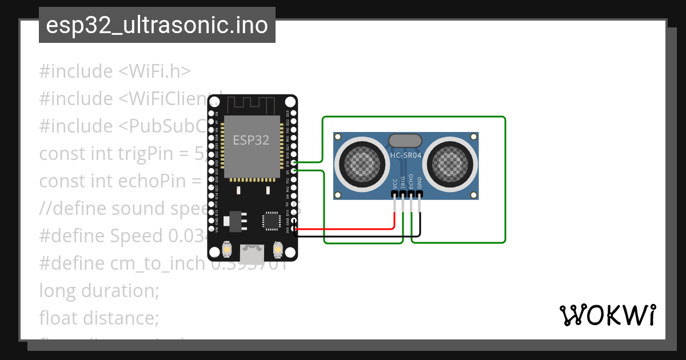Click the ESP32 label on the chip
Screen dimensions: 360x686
tap(251, 140)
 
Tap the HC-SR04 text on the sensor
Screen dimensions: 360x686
tap(405, 155)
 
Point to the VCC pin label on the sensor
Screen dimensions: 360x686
tap(395, 183)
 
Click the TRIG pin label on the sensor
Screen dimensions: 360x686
tap(403, 182)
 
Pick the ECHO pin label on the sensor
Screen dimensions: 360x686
tap(411, 182)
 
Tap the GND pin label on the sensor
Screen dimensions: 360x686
tap(419, 183)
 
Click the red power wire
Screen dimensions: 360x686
tap(343, 229)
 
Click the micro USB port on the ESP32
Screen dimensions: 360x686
tap(252, 251)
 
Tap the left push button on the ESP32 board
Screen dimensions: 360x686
tap(227, 250)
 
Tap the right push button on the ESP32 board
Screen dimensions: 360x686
tap(278, 250)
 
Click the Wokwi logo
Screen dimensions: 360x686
tap(607, 315)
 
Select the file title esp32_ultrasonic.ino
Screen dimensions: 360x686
tap(157, 25)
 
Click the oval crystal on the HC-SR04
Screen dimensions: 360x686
tap(405, 140)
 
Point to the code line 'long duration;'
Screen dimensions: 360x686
tap(99, 290)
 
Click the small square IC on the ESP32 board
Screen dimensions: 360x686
tap(270, 220)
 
